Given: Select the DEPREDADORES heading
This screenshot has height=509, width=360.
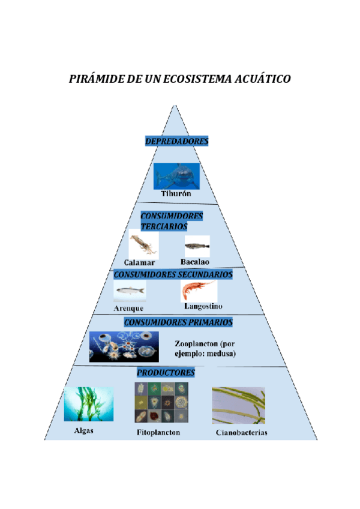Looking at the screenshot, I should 176,141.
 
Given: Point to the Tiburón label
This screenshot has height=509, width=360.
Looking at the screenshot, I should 176,194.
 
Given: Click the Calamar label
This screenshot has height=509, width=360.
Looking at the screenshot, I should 140,263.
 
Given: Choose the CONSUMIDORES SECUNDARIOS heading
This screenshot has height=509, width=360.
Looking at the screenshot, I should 173,274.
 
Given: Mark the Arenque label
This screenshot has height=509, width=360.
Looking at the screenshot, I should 128,308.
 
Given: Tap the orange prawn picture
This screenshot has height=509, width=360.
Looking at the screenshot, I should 198,291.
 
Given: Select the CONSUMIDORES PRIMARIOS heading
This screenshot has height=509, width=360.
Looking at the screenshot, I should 178,322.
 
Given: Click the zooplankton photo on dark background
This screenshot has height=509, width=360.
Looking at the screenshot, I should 124,346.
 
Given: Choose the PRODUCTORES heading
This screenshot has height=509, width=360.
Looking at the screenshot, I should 166,373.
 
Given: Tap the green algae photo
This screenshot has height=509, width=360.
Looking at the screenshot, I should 89,405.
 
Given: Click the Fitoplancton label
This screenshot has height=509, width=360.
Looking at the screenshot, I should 158,432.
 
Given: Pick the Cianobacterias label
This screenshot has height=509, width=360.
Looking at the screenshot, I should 241,433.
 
